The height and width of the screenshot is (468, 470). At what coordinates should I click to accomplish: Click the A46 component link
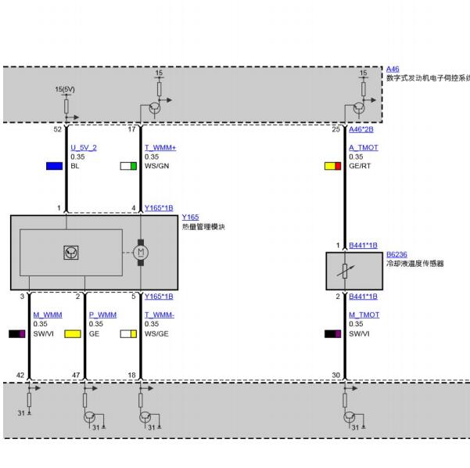click(x=393, y=70)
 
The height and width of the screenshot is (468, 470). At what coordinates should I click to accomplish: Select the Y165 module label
click(x=190, y=218)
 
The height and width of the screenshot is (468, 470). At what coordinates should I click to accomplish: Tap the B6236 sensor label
click(x=396, y=254)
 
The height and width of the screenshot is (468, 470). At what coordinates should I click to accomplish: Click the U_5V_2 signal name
click(x=84, y=148)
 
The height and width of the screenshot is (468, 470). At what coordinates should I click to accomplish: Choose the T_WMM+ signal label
click(x=160, y=148)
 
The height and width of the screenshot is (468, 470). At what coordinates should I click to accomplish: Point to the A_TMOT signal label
click(x=364, y=148)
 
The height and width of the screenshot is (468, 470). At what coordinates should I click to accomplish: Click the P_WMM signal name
click(x=102, y=315)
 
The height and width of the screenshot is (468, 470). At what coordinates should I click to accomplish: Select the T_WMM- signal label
click(x=160, y=315)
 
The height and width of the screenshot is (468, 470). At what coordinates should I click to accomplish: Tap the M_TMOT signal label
click(x=364, y=315)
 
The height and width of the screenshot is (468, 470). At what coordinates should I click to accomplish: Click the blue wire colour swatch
click(x=55, y=166)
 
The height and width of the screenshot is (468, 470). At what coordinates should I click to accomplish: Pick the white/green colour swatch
click(x=128, y=166)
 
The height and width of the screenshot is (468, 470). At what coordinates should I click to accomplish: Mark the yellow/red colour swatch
click(x=332, y=166)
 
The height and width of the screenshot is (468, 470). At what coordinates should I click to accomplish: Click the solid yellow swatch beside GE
click(x=73, y=334)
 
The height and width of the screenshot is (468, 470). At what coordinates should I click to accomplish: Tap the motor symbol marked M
click(x=141, y=253)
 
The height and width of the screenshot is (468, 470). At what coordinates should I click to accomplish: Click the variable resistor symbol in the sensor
click(x=345, y=272)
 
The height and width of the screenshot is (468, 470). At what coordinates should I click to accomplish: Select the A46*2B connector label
click(x=361, y=129)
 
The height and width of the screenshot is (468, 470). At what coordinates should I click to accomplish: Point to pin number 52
click(x=58, y=129)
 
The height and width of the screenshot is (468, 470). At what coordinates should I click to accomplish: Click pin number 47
click(x=76, y=376)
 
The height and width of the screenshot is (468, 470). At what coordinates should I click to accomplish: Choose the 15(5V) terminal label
click(x=65, y=89)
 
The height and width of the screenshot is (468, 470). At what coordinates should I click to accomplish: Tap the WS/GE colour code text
click(x=156, y=334)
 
